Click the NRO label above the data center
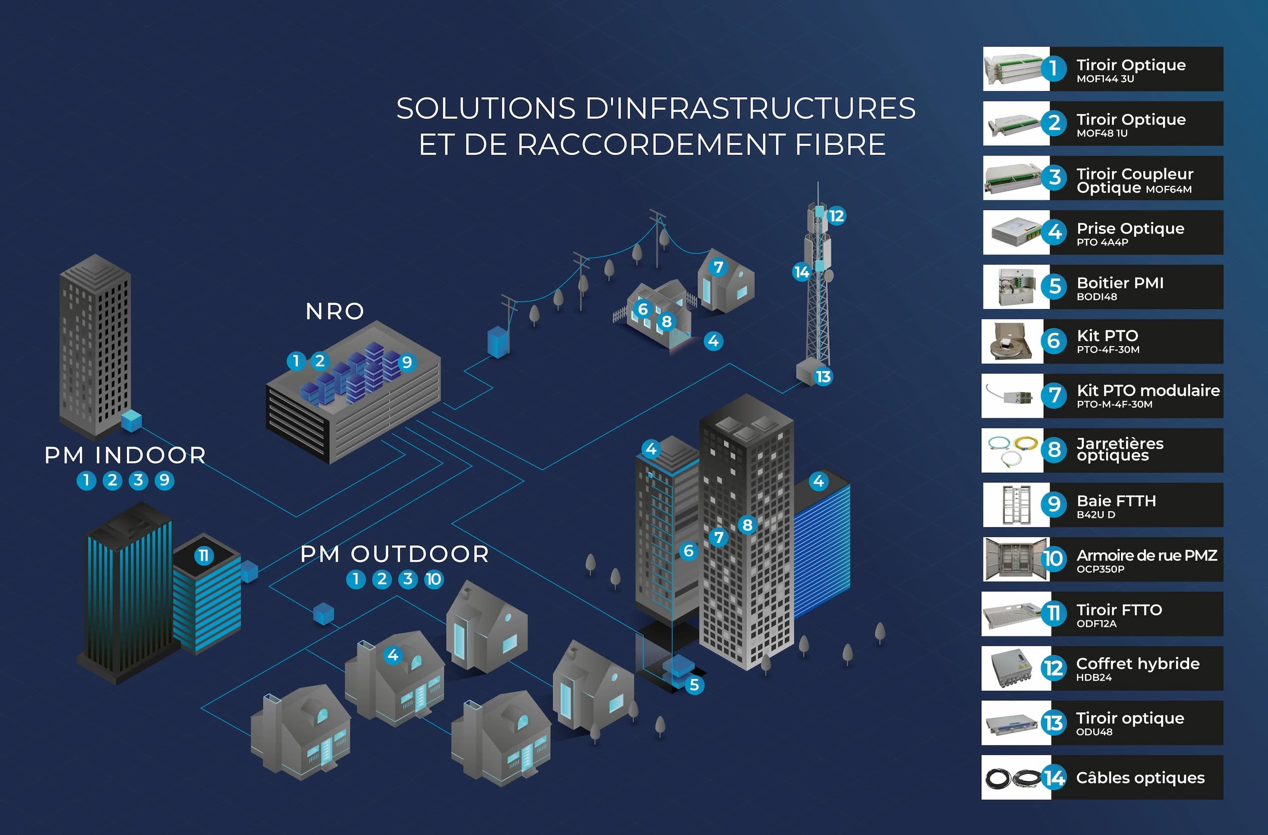(334, 311)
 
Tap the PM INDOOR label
(125, 455)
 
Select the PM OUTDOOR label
(394, 554)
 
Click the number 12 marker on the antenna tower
(836, 216)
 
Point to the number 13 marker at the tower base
(823, 377)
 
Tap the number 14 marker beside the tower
(801, 272)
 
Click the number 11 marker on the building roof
(204, 556)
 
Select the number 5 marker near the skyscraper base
(693, 685)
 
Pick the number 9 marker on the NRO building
(407, 363)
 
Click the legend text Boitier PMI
(1120, 283)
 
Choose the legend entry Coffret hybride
(1137, 664)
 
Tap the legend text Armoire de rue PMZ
(1147, 555)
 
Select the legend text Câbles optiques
(1140, 778)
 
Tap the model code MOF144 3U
(1105, 79)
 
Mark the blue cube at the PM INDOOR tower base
(132, 420)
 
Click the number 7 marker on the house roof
(718, 266)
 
